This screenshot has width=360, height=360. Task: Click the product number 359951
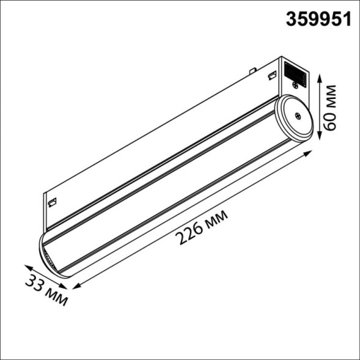(319, 20)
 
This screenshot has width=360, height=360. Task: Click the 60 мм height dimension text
(331, 108)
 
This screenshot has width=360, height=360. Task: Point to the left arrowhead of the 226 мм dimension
(75, 286)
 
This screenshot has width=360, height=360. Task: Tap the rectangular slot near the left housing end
(52, 200)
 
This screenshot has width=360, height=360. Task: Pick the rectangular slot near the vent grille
(269, 76)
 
